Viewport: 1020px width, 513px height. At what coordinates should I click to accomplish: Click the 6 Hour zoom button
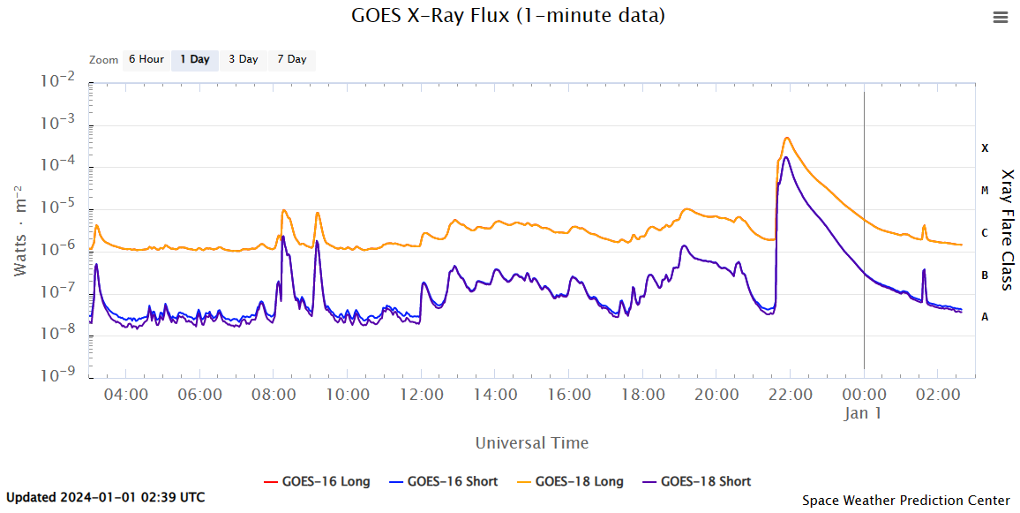click(146, 60)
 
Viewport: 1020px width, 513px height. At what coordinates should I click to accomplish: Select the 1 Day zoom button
click(194, 60)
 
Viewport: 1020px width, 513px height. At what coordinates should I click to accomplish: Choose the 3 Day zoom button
click(243, 60)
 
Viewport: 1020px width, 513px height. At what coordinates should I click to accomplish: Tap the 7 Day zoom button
click(291, 60)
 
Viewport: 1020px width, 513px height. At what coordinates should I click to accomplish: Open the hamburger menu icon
click(1000, 17)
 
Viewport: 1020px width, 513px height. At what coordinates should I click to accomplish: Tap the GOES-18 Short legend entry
click(696, 481)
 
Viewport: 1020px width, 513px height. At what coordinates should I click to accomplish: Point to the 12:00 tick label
click(421, 395)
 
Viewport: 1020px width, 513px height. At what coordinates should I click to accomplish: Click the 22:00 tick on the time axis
click(790, 395)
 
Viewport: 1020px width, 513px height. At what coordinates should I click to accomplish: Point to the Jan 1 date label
click(863, 413)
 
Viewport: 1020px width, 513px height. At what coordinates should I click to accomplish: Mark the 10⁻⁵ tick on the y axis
click(60, 207)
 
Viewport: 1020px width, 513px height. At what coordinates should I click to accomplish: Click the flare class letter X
click(985, 148)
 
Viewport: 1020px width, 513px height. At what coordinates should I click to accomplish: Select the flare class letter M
click(985, 191)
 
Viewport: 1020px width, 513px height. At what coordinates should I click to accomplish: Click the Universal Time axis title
click(531, 442)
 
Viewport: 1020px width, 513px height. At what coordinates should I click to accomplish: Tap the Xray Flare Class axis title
click(1007, 230)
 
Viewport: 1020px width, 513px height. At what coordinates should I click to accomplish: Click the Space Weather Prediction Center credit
click(905, 501)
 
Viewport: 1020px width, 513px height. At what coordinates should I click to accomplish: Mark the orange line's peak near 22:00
click(786, 138)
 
